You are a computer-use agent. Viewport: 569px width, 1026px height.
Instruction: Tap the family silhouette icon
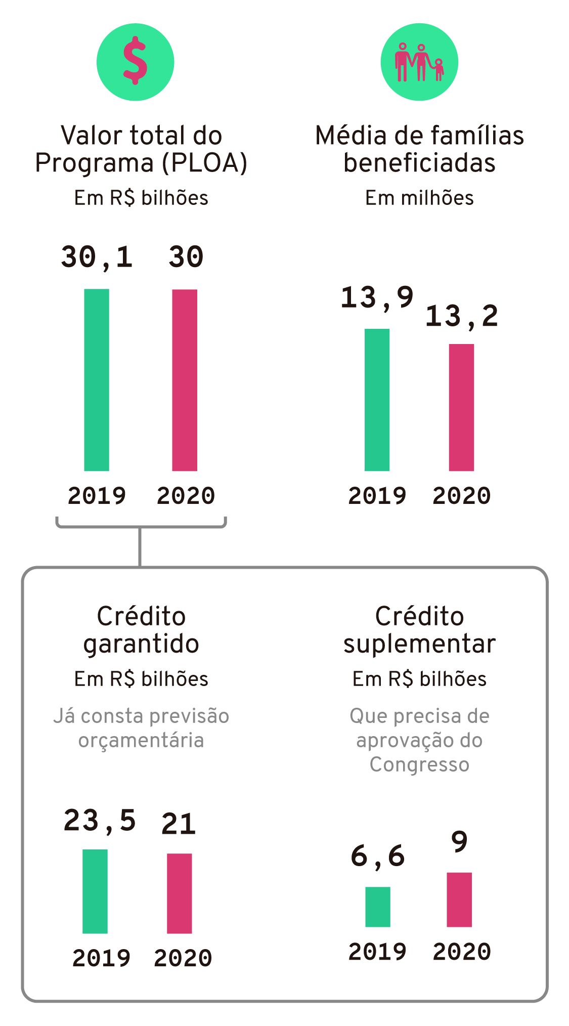click(419, 62)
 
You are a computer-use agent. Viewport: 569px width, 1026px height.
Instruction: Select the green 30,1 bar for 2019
click(97, 379)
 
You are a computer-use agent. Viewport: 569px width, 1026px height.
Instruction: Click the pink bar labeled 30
click(185, 379)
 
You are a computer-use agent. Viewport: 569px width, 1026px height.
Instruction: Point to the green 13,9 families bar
click(377, 400)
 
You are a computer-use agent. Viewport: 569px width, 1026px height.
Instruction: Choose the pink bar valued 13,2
click(461, 407)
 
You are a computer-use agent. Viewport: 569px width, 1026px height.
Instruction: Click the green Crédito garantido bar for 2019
click(95, 891)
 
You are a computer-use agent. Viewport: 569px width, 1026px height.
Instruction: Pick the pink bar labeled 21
click(180, 893)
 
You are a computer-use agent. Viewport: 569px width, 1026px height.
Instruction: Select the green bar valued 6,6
click(378, 907)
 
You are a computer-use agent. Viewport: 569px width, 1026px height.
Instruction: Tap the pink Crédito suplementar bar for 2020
click(459, 900)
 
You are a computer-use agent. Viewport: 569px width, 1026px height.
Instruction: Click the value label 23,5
click(100, 821)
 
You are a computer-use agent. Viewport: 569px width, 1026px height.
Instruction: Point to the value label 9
click(459, 842)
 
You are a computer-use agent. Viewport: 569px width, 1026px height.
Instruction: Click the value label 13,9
click(377, 297)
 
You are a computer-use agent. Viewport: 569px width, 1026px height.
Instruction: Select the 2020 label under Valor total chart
click(186, 496)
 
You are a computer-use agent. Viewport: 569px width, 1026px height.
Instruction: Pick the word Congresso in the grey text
click(419, 764)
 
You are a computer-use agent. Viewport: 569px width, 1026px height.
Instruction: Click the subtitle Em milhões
click(419, 198)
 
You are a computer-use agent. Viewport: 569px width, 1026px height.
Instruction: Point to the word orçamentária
click(141, 741)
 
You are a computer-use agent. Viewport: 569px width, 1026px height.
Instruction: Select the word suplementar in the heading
click(419, 644)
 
